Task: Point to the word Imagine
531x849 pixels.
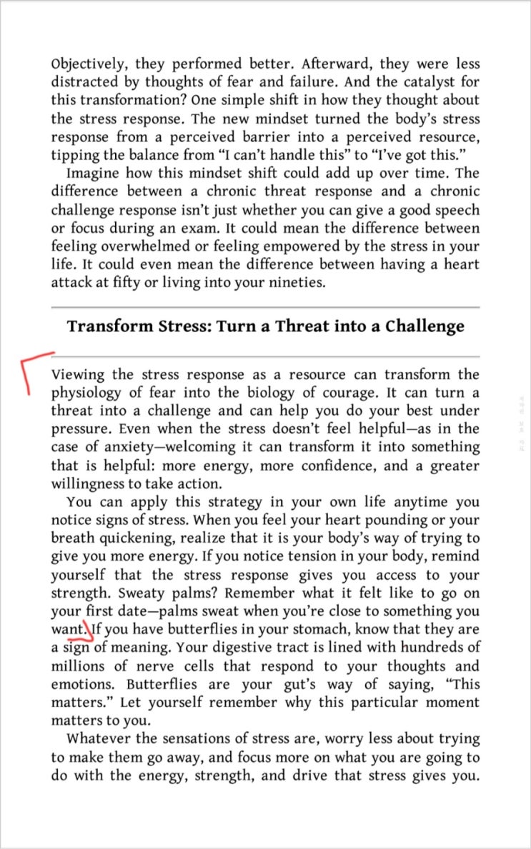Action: [94, 174]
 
